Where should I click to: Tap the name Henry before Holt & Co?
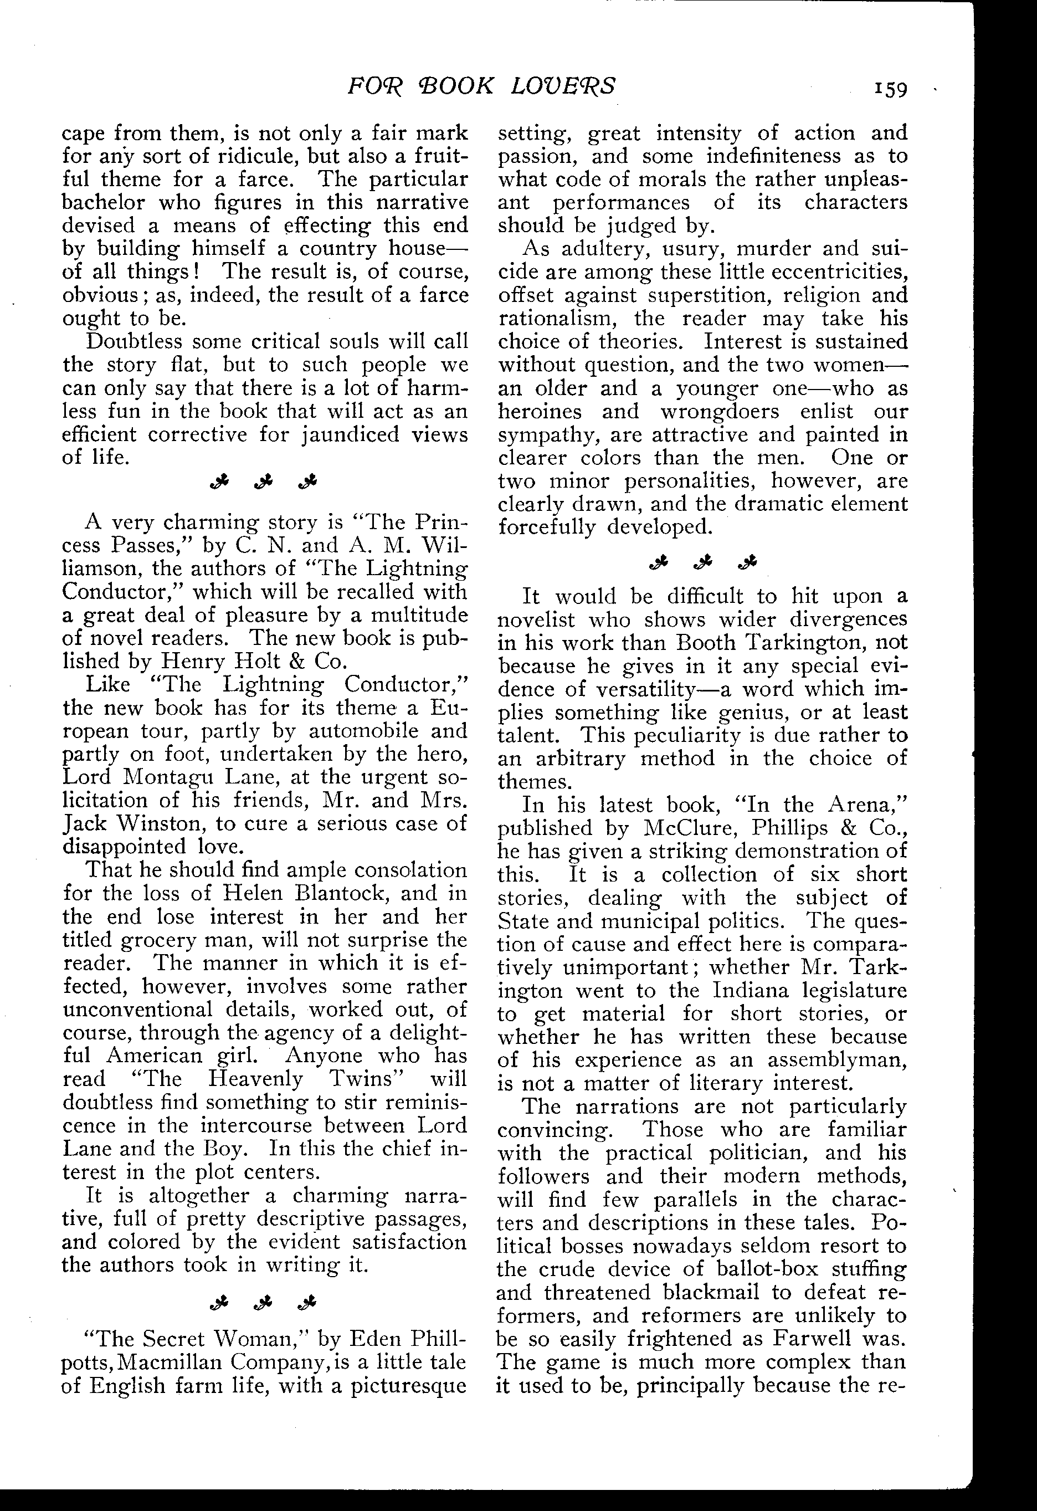(188, 661)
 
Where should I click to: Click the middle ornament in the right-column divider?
(703, 562)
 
